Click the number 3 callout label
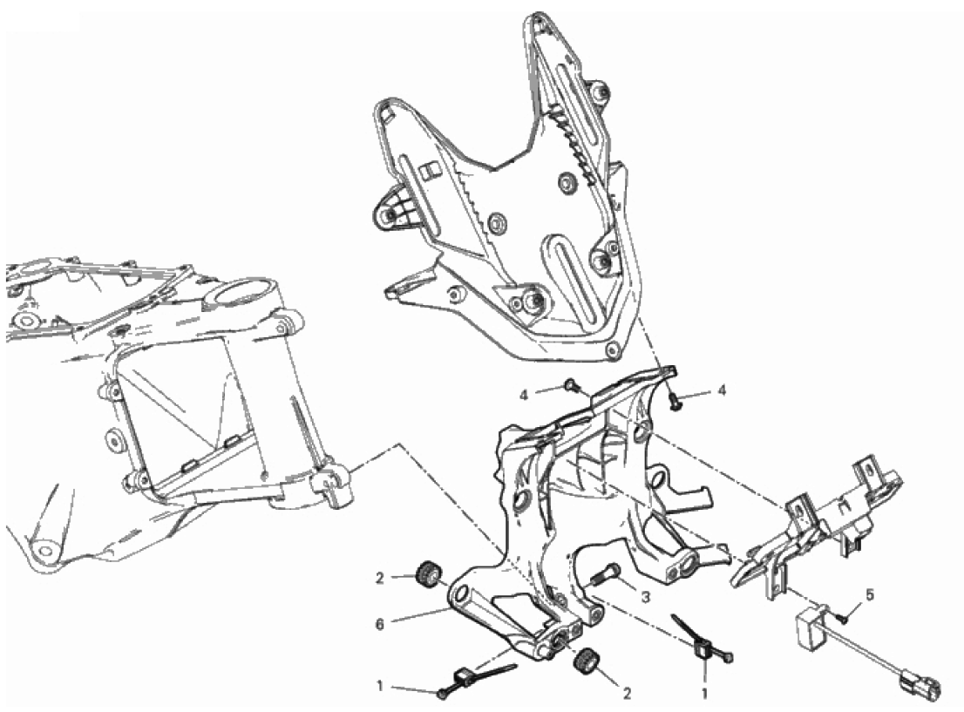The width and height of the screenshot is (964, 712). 645,596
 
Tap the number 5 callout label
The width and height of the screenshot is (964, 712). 869,595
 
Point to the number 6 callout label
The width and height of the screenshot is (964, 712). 380,624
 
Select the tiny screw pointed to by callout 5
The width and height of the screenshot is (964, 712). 843,619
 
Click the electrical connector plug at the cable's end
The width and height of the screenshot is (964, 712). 920,681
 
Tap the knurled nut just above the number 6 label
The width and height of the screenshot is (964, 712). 428,573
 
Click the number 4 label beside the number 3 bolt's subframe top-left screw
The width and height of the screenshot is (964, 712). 524,396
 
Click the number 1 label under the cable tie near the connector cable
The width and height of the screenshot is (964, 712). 705,694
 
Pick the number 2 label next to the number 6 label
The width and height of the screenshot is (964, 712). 380,578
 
